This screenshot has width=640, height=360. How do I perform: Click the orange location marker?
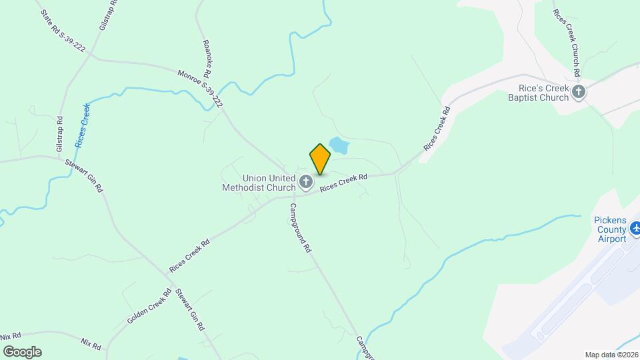(x=320, y=159)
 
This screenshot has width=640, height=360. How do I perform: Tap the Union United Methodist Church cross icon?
(x=305, y=182)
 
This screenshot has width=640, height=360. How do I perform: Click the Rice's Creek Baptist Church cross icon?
(x=579, y=92)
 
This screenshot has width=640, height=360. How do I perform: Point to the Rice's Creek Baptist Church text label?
(x=543, y=92)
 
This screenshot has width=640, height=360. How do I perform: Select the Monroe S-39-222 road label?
(x=199, y=89)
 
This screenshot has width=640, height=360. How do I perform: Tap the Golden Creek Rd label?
(x=149, y=307)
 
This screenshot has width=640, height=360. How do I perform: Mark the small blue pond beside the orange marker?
(x=339, y=145)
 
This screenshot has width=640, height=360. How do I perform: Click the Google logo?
(x=21, y=352)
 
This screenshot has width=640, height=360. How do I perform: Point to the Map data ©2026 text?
(x=611, y=355)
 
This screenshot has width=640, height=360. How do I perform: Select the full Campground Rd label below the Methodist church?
(x=299, y=227)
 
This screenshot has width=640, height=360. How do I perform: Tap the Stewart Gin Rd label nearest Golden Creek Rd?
(x=189, y=311)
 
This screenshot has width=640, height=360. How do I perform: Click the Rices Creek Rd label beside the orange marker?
(x=343, y=184)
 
